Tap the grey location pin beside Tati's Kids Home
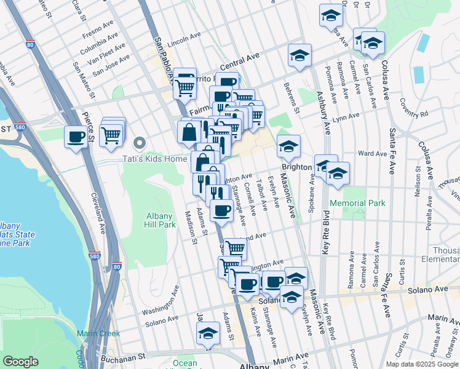[x=140, y=145]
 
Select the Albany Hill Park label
[x=160, y=220]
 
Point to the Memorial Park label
[x=357, y=203]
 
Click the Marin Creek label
[x=98, y=333]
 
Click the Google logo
[x=20, y=362]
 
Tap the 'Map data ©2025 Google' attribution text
[x=422, y=364]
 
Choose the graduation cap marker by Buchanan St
[x=208, y=334]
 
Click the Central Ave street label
[x=240, y=61]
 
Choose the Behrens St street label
[x=291, y=98]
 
